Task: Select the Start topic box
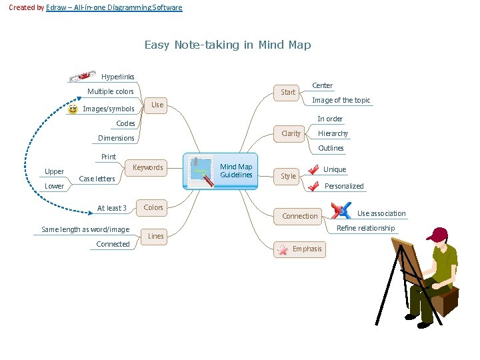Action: click(x=287, y=92)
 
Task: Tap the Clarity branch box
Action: click(x=291, y=133)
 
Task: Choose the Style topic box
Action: click(x=288, y=176)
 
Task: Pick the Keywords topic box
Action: click(x=147, y=167)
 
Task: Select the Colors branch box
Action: click(x=153, y=207)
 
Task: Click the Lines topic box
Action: click(x=155, y=236)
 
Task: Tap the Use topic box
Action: click(x=157, y=105)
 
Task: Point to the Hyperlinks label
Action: click(x=117, y=77)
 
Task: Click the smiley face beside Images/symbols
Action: click(x=73, y=109)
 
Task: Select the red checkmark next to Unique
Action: click(x=313, y=170)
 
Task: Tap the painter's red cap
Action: click(x=438, y=234)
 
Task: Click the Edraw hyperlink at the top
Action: click(x=114, y=7)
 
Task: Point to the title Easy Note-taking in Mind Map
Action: click(x=227, y=45)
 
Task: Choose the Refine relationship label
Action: click(x=365, y=228)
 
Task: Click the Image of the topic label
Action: click(x=341, y=100)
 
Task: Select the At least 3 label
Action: click(x=111, y=208)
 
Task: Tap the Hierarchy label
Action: click(x=333, y=133)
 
